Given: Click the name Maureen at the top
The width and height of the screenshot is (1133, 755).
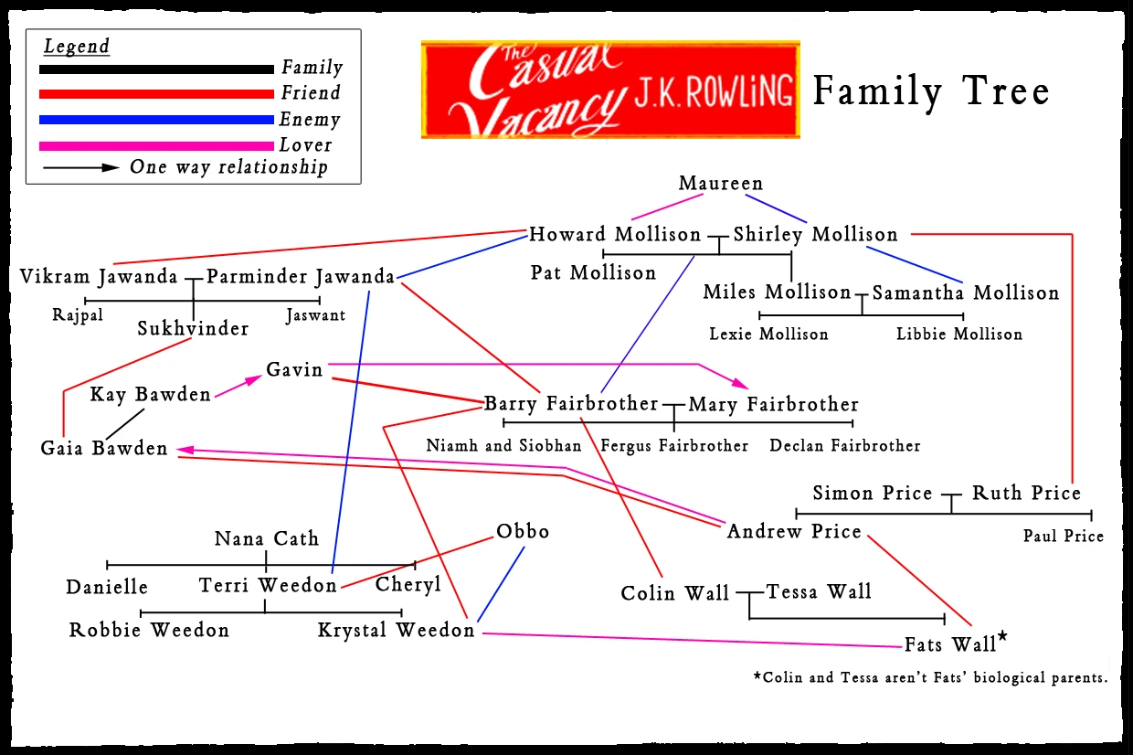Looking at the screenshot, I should coord(720,184).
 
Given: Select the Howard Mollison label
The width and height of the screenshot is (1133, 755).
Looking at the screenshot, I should coord(615,235).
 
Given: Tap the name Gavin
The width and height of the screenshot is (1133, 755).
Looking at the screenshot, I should coord(294,369).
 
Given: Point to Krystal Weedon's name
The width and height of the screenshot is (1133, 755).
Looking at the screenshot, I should coord(397,631).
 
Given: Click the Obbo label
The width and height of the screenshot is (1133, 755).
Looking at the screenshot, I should coord(523,531).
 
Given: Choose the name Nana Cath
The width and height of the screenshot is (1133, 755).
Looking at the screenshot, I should coord(267,538).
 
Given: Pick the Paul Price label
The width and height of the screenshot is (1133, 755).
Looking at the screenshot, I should coord(1064,537).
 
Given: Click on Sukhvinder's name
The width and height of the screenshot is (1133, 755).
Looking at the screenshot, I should coord(193,329).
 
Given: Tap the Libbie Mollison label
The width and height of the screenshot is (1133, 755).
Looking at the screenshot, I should coord(959,335).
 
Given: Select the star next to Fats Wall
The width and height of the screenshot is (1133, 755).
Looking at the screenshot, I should coord(1002,637).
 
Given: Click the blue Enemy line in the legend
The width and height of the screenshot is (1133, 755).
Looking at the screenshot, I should coord(156,120).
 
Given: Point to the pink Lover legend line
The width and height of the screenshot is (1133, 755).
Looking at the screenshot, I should coord(156,145).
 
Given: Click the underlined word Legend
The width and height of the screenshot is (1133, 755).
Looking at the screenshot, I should coord(77,47).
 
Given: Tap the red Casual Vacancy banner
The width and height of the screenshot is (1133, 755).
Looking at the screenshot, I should coord(610,90).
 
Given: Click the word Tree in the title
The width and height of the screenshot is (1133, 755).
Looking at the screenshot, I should coord(1010,91).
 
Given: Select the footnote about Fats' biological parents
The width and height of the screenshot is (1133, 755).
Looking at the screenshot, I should coord(929,678).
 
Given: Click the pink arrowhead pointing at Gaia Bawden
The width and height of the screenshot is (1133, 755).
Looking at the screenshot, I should coord(185,449).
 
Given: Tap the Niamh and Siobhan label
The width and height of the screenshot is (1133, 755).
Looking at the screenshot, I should coord(503,446).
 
